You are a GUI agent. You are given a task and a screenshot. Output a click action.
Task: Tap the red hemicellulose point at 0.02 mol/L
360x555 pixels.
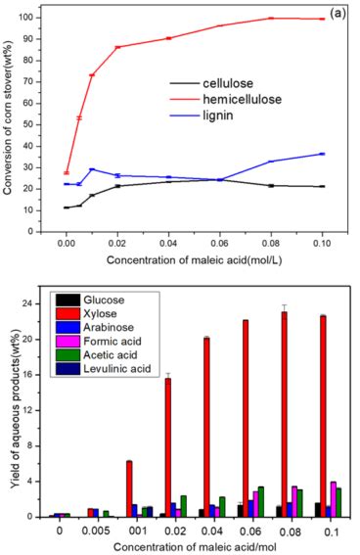[x=117, y=47]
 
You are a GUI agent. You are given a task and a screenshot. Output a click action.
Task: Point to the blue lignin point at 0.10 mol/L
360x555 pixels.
[x=321, y=154]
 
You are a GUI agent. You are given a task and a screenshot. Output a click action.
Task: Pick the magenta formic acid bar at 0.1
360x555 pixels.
[x=333, y=499]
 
